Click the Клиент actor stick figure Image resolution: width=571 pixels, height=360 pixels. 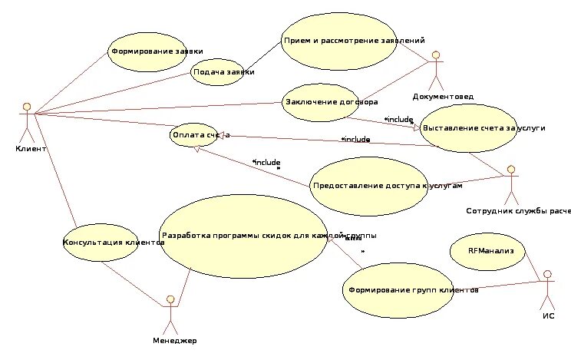click(x=28, y=119)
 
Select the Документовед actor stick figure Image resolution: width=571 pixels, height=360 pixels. click(x=437, y=70)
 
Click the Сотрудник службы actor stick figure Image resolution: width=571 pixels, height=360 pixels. click(x=510, y=185)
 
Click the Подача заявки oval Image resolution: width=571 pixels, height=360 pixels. click(x=223, y=71)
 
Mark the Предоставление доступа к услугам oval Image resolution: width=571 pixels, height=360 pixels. click(x=387, y=186)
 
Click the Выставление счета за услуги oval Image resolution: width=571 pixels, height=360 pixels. click(x=479, y=127)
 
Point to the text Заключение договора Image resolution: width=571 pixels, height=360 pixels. click(x=332, y=101)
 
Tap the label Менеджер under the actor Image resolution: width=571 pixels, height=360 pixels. click(x=174, y=340)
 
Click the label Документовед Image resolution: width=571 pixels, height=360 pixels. click(x=442, y=97)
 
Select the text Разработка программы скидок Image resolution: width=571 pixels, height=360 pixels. click(x=246, y=235)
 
